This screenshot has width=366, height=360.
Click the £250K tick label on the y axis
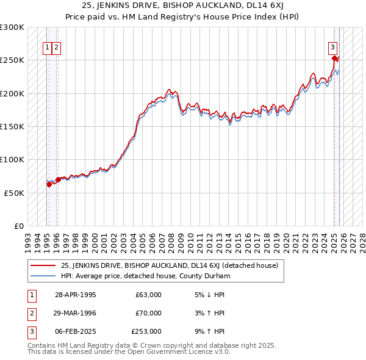(12, 60)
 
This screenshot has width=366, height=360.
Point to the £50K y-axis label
(14, 193)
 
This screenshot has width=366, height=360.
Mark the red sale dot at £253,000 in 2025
(334, 59)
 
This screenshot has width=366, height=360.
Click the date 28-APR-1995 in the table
(75, 295)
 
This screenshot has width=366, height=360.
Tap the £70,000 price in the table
(148, 313)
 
